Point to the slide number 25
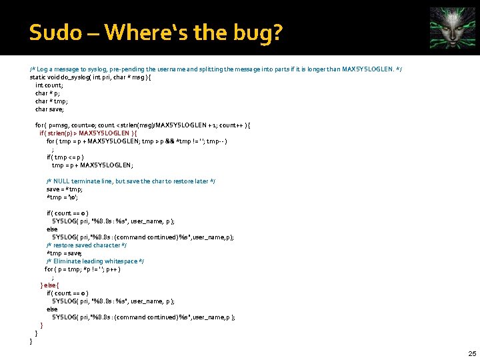coord(471,353)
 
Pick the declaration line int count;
coord(49,85)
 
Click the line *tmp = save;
coord(65,253)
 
